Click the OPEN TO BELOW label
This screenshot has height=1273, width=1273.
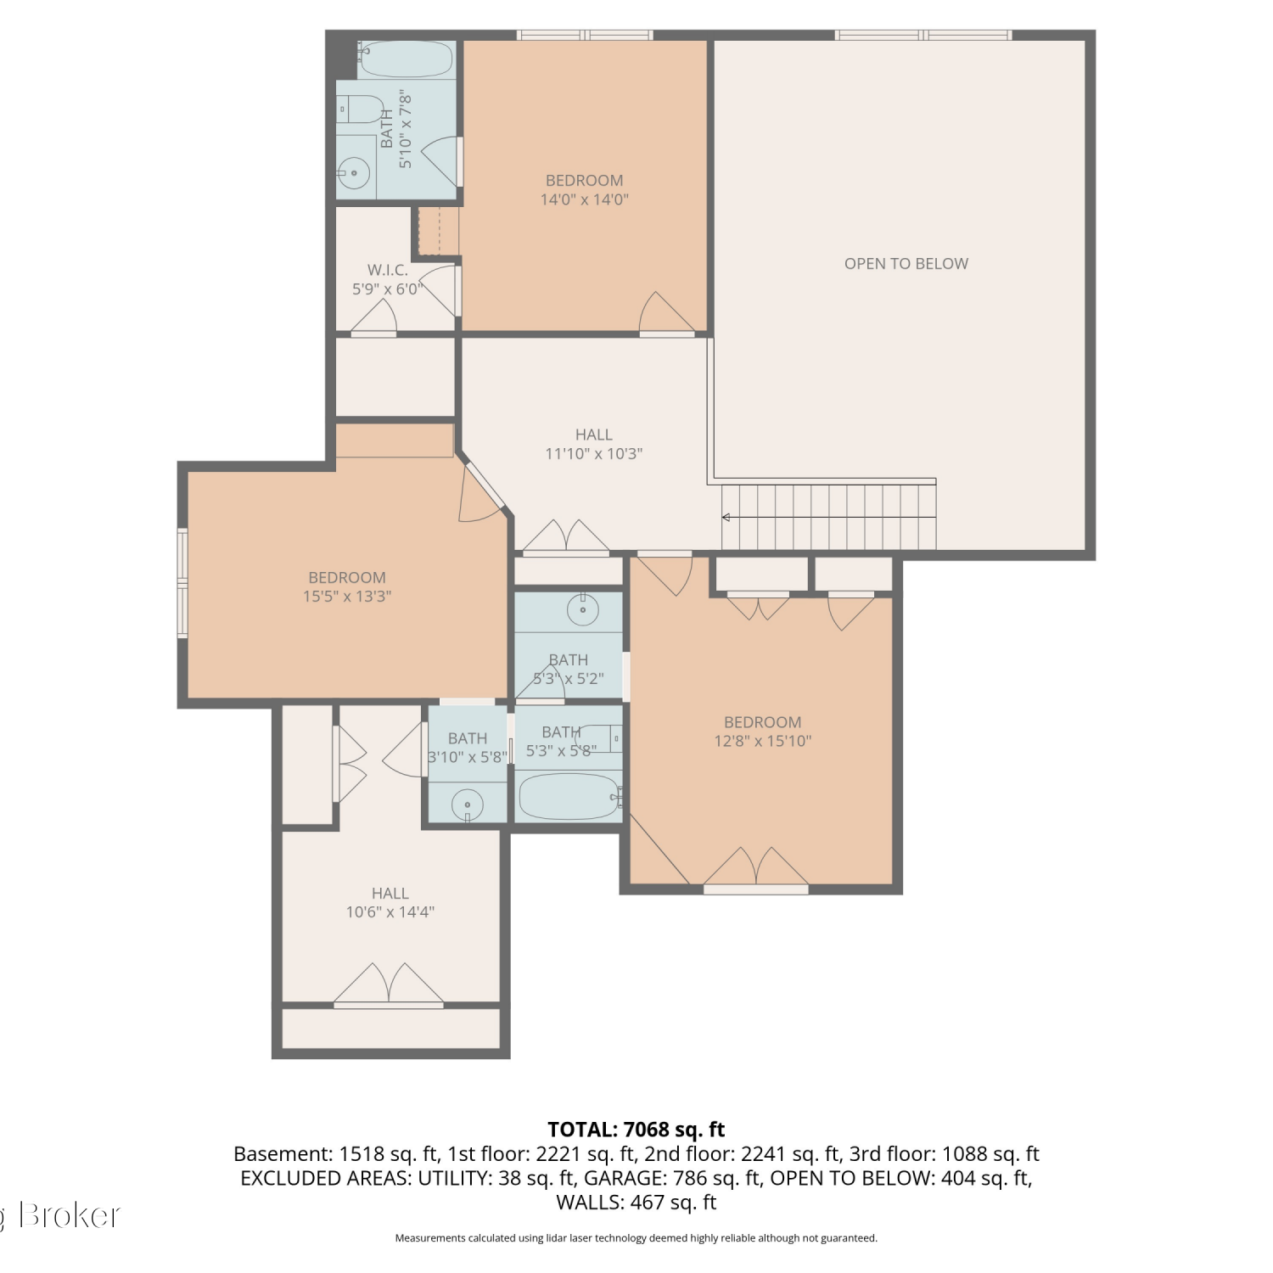906,264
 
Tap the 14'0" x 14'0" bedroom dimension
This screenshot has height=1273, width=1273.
585,200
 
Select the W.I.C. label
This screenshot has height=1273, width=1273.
388,270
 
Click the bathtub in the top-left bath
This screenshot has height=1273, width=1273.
406,59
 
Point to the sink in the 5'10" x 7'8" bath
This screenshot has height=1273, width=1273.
355,174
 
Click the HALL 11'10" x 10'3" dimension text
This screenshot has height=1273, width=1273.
593,454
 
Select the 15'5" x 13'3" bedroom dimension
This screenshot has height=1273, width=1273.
347,597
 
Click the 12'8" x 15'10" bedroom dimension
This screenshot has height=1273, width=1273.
762,741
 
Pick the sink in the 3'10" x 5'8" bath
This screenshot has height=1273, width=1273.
467,804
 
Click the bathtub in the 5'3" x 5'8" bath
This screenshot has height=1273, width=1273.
569,796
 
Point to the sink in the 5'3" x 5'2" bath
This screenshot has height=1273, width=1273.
583,609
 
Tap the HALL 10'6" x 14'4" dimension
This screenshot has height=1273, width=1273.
390,912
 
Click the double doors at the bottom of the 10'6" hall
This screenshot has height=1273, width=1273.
389,985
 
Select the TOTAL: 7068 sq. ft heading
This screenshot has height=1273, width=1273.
636,1130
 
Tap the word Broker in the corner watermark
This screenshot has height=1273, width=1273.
70,1215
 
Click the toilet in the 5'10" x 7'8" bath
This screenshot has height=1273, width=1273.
362,109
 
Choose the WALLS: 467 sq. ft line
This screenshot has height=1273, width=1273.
636,1203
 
